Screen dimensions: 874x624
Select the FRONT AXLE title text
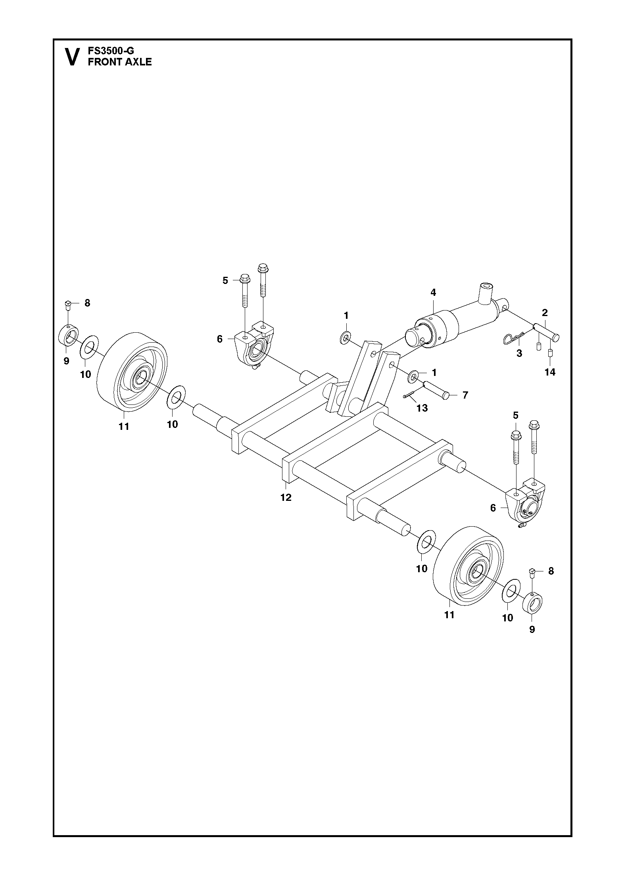point(120,62)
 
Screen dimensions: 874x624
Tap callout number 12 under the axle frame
point(286,497)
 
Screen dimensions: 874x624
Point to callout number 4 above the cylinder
point(433,293)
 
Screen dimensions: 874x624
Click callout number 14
point(550,372)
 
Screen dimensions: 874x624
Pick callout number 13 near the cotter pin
point(422,408)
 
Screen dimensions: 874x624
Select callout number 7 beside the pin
point(465,395)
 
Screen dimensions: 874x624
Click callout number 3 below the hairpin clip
point(519,353)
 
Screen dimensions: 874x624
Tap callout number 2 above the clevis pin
point(545,312)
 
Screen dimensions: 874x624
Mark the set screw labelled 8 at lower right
point(532,571)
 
